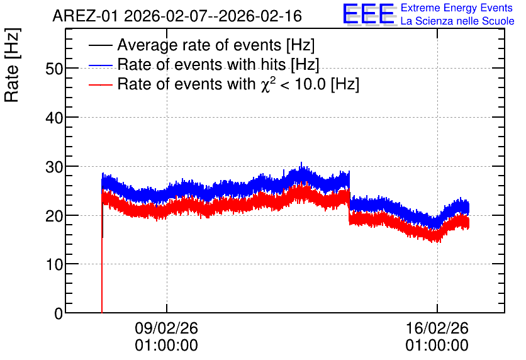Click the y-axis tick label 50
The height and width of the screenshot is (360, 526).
pyautogui.click(x=54, y=69)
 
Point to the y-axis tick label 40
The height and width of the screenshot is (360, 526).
pyautogui.click(x=54, y=118)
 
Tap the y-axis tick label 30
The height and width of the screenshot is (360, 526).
pyautogui.click(x=54, y=167)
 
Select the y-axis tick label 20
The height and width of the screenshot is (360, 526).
pyautogui.click(x=54, y=216)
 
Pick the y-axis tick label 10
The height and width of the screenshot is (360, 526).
pyautogui.click(x=54, y=265)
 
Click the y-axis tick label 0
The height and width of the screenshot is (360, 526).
pyautogui.click(x=59, y=313)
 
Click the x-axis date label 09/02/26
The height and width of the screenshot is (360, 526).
pyautogui.click(x=166, y=328)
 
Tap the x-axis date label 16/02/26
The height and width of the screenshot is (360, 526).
pyautogui.click(x=437, y=328)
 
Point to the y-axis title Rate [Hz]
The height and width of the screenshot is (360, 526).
pyautogui.click(x=12, y=65)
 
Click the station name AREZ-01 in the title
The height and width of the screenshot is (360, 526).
pyautogui.click(x=85, y=16)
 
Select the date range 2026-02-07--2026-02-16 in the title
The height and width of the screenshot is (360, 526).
pyautogui.click(x=213, y=16)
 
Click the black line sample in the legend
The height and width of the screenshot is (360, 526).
pyautogui.click(x=100, y=45)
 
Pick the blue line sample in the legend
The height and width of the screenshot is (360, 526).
pyautogui.click(x=100, y=65)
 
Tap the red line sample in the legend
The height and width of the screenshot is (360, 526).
pyautogui.click(x=100, y=84)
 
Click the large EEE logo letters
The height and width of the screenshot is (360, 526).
pyautogui.click(x=368, y=14)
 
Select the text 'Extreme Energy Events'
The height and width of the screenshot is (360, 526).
pyautogui.click(x=457, y=8)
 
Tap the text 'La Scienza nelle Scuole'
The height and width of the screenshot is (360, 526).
pyautogui.click(x=457, y=21)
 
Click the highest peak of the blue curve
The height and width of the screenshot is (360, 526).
pyautogui.click(x=301, y=163)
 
